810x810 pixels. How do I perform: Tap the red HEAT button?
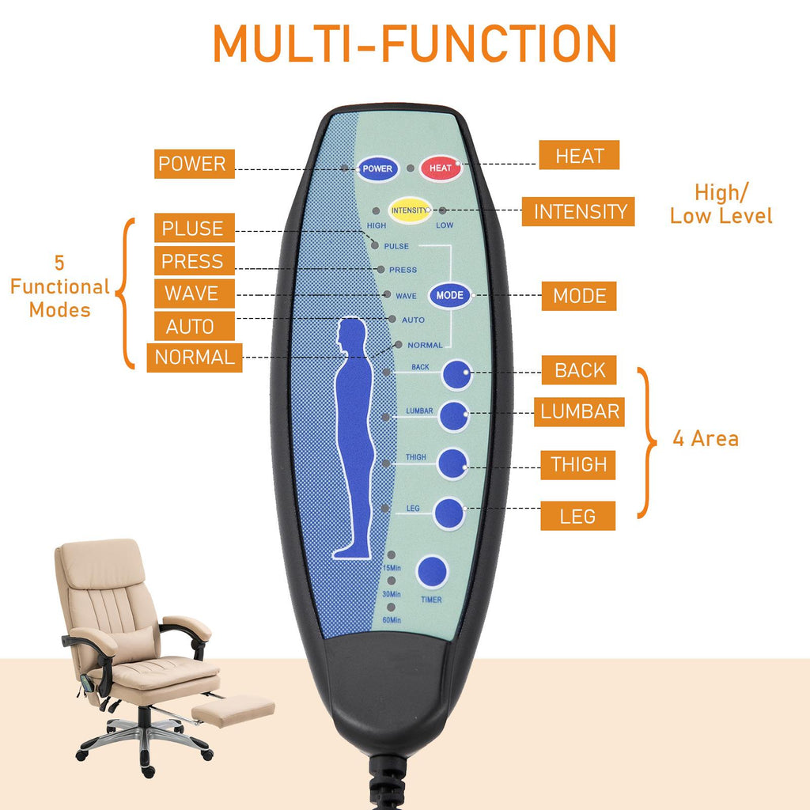441,168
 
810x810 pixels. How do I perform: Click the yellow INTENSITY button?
409,210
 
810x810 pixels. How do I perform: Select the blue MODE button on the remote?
450,295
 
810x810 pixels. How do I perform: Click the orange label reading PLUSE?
193,229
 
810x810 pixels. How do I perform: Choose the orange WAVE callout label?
191,293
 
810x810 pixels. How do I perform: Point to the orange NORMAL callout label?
195,357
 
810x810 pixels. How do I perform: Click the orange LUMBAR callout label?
580,411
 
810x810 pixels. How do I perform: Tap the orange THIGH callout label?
579,464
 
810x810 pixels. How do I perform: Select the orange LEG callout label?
577,517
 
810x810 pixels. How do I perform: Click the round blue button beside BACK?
456,375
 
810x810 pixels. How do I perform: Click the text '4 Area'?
706,439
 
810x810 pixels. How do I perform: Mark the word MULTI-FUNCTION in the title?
414,44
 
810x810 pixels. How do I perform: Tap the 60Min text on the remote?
391,620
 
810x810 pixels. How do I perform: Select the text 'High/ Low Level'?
721,204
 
